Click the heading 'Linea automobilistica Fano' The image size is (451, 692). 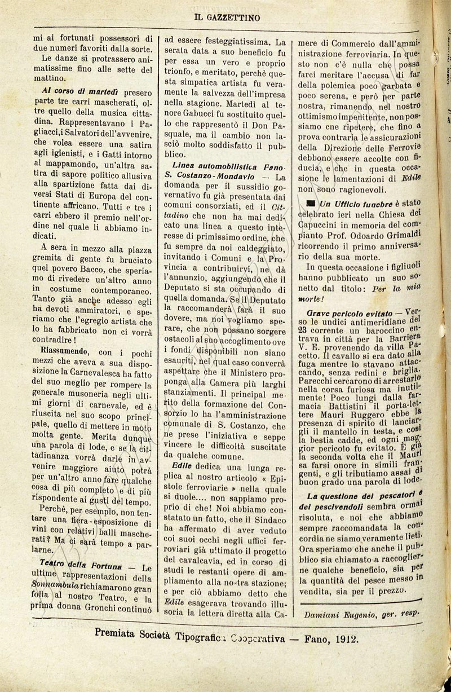pos(224,167)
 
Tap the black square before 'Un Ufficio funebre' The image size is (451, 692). pos(309,203)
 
